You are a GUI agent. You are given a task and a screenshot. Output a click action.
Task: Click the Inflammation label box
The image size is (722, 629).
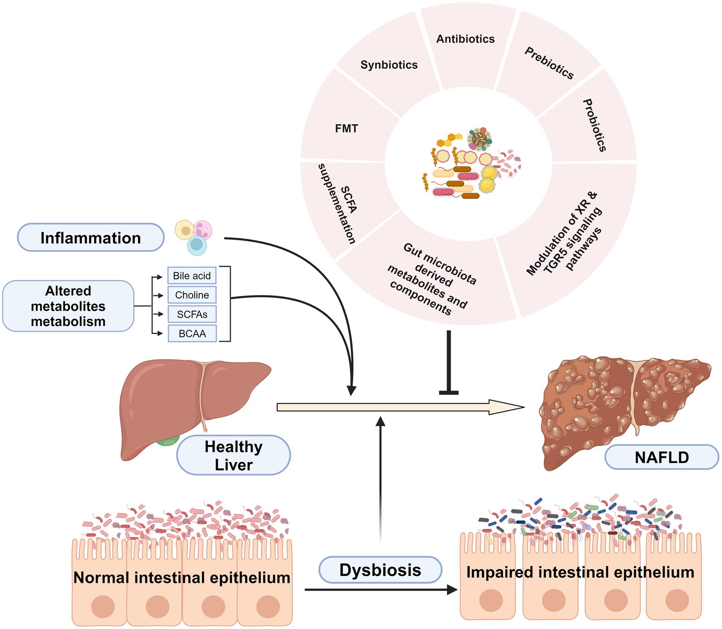(90, 238)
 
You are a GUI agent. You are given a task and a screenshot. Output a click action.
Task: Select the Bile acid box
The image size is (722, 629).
(192, 276)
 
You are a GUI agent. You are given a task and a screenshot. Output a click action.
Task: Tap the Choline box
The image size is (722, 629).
(192, 295)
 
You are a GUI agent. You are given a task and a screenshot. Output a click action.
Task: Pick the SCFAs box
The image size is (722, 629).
(192, 314)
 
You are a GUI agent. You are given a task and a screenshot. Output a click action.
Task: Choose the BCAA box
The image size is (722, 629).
(192, 333)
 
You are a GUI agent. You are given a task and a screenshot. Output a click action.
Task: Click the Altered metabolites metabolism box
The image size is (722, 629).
(68, 306)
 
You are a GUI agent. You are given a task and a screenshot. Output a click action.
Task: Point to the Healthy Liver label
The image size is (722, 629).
(233, 455)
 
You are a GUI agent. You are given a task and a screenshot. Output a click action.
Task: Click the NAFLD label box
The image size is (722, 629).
(662, 457)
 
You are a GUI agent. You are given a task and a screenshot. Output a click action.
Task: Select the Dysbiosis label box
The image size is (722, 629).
(380, 570)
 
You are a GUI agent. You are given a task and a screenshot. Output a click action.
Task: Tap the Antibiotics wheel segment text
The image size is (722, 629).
(465, 39)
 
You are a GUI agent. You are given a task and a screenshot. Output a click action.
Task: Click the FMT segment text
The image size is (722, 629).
(346, 129)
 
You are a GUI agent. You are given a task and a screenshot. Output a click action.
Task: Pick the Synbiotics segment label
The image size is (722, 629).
(389, 65)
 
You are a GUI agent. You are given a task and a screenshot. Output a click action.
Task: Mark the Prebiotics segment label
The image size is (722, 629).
(549, 63)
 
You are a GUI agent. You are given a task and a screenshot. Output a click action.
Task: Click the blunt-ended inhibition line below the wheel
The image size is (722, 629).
(449, 363)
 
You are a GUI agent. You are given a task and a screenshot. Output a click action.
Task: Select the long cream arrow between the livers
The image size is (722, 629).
(399, 407)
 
